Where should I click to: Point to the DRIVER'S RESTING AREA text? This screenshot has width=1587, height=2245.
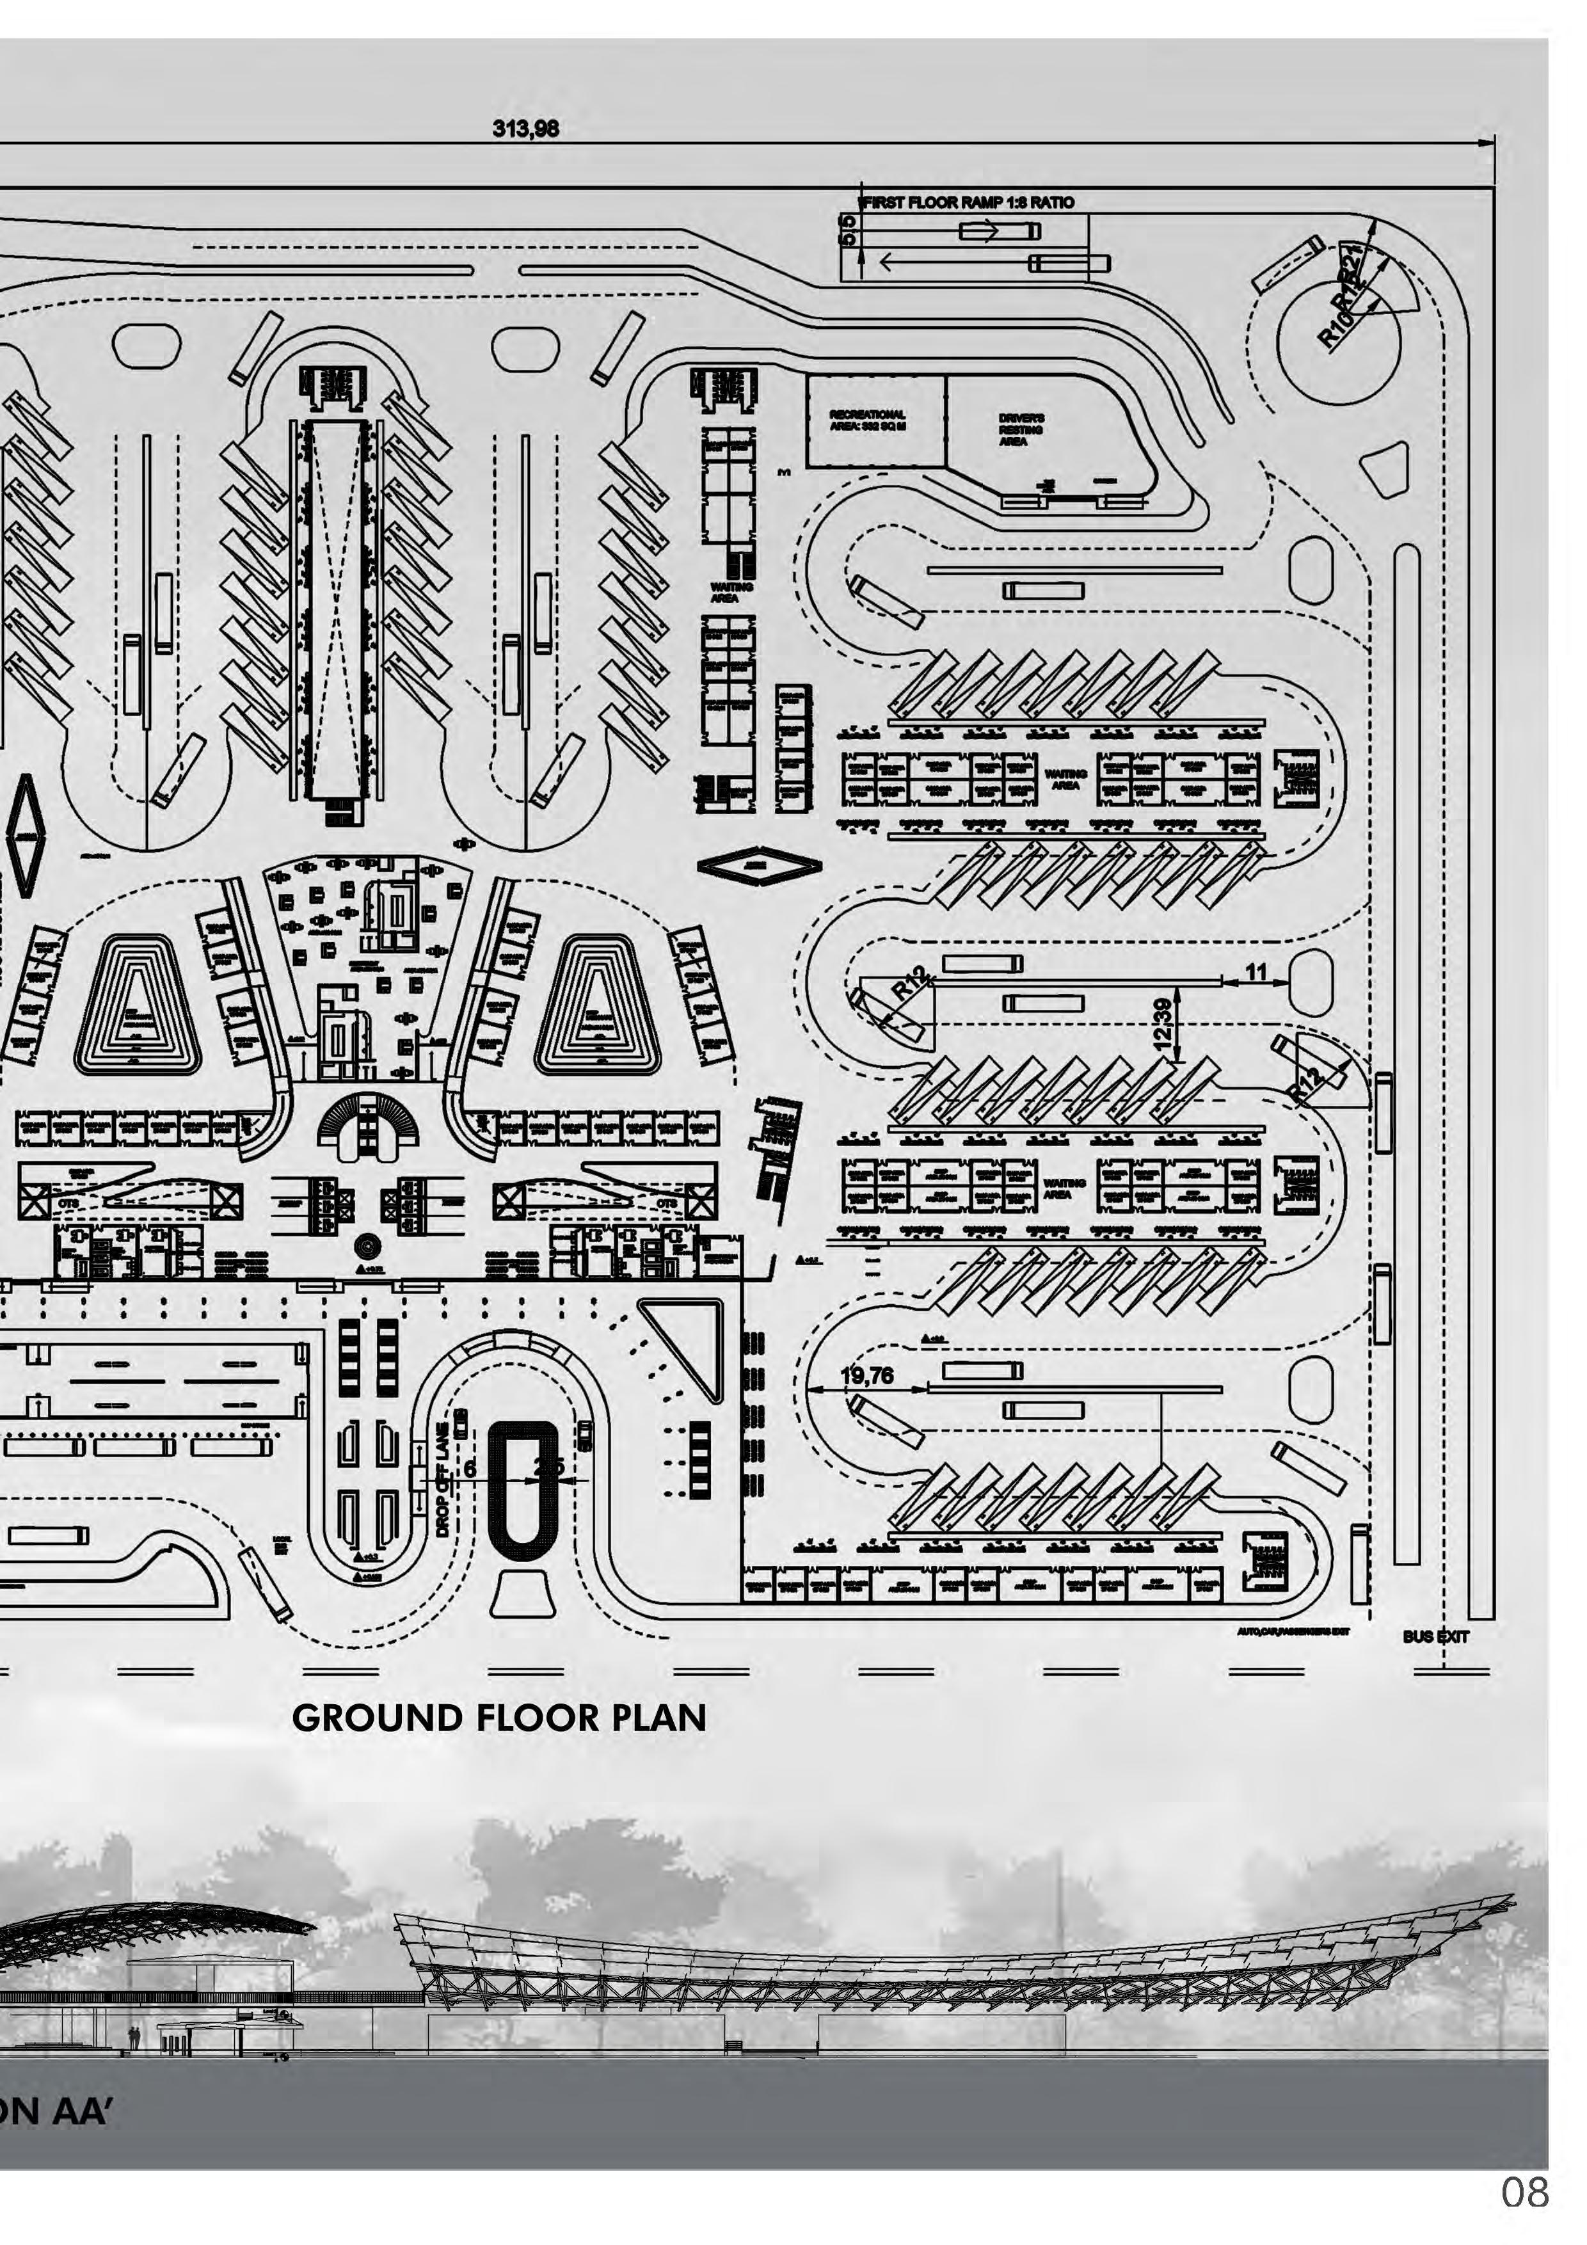(1021, 430)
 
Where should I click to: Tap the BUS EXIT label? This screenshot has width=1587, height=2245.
(1435, 1636)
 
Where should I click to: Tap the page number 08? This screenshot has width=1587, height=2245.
(1524, 2193)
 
